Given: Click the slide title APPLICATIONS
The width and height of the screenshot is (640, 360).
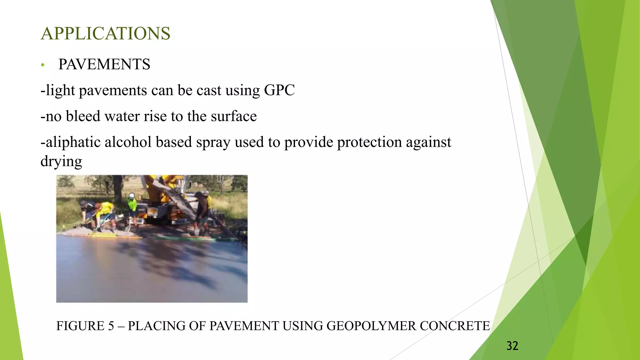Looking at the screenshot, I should (x=106, y=33).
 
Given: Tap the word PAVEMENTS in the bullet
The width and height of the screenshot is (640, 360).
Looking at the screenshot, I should (x=104, y=64).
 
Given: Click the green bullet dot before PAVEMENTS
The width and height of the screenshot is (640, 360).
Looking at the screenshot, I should (x=43, y=65).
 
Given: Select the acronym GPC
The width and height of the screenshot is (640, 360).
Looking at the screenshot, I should (x=279, y=90).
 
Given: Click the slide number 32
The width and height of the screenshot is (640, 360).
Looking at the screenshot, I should (x=512, y=346).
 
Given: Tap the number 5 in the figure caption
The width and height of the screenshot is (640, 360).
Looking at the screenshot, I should (x=111, y=326).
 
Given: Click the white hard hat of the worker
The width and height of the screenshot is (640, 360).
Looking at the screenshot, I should (x=132, y=196).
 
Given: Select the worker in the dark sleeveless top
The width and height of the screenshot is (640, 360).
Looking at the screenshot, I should (x=201, y=212).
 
